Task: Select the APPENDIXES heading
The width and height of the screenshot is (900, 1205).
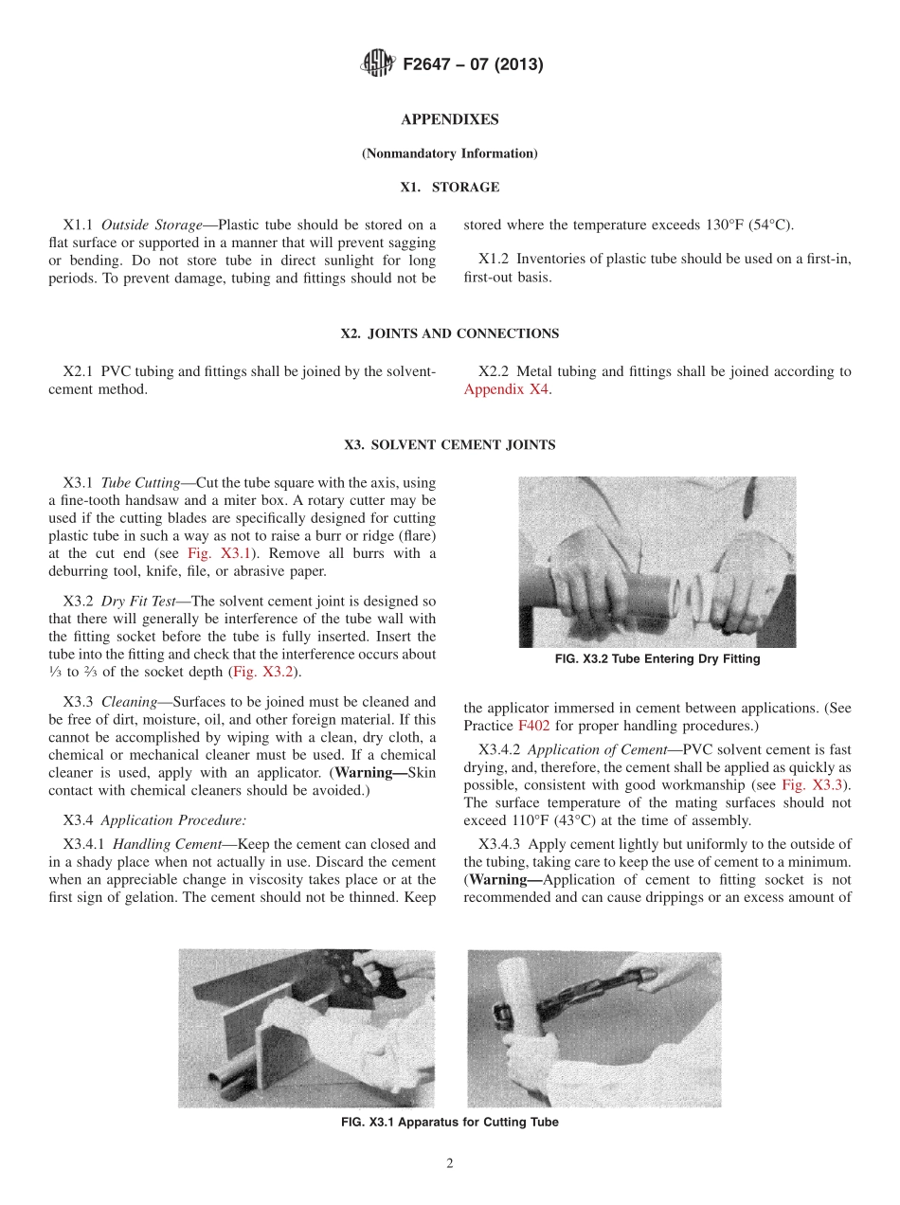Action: (x=449, y=119)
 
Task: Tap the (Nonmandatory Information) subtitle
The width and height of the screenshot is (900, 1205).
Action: (x=449, y=153)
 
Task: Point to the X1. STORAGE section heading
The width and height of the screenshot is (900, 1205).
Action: (x=449, y=188)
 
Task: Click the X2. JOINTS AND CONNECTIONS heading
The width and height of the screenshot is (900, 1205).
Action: (x=449, y=333)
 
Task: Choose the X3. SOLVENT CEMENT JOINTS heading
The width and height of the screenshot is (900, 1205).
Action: (x=449, y=444)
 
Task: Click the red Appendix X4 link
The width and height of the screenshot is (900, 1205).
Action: (x=506, y=389)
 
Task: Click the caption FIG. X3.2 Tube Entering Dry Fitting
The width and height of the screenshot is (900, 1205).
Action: (x=657, y=659)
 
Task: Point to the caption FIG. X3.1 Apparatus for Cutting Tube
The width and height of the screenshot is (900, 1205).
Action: (x=449, y=1123)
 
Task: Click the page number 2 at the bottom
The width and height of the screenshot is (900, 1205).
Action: (x=450, y=1164)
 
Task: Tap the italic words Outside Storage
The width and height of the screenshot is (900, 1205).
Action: (x=152, y=225)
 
